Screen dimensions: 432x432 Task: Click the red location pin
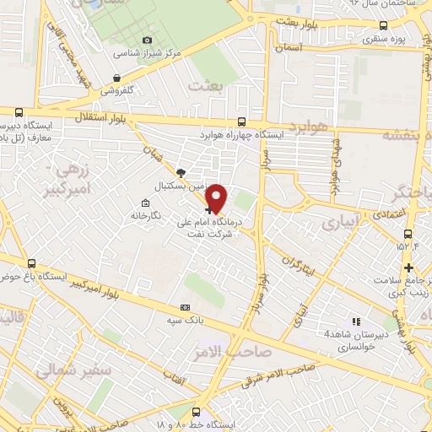[x=218, y=197]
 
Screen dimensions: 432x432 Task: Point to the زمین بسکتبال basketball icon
[x=181, y=171]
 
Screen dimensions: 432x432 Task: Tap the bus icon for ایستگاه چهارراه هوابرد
[x=242, y=121]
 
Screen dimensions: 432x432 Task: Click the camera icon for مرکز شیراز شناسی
[x=148, y=40]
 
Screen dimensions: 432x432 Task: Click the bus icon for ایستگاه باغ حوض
[x=32, y=263]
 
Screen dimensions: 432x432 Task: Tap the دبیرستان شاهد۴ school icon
[x=356, y=321]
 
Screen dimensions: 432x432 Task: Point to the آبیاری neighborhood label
[x=343, y=222]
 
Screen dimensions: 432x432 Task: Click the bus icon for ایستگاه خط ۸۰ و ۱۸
[x=196, y=413]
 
